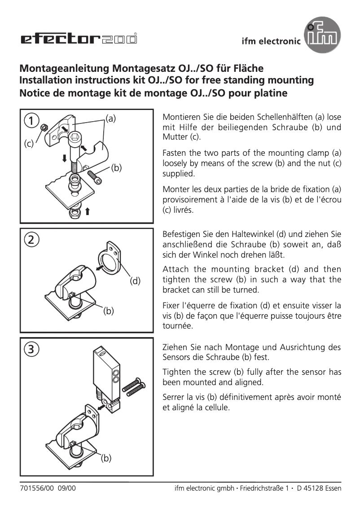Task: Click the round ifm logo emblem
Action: [321, 37]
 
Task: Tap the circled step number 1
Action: [31, 121]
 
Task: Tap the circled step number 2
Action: [31, 239]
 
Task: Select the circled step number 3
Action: [31, 349]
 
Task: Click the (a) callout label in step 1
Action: [110, 118]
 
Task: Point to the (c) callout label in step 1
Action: [29, 144]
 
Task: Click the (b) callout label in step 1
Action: [116, 168]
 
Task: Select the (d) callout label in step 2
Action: [135, 281]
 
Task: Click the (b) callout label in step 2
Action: [109, 310]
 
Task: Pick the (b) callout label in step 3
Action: [105, 458]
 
